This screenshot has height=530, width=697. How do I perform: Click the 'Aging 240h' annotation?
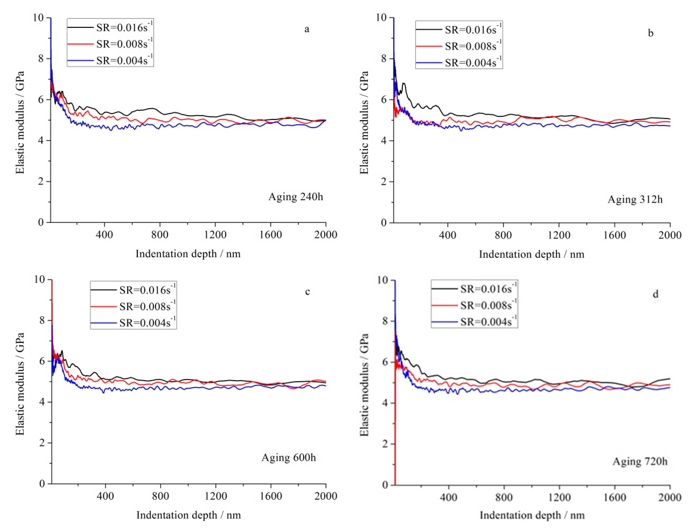296,197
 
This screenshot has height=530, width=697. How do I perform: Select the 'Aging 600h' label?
288,457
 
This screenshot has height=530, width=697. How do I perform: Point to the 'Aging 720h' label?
640,462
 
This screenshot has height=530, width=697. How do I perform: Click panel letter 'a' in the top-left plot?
306,29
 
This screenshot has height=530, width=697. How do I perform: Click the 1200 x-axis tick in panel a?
215,234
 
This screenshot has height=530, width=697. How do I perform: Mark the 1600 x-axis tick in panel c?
271,496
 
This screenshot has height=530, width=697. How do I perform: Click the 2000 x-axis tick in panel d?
670,497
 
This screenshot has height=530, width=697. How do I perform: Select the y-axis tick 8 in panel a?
41,59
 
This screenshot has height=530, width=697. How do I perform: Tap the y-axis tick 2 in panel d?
384,444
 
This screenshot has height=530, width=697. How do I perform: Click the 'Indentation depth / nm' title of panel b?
531,254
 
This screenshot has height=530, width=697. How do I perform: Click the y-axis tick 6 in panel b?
383,100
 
